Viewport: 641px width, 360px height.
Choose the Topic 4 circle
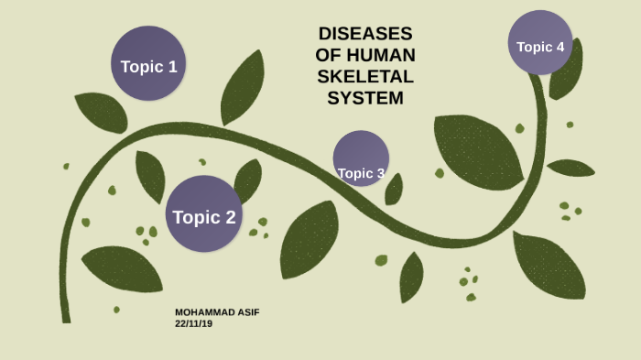pos(540,42)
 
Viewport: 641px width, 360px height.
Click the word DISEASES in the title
pos(365,33)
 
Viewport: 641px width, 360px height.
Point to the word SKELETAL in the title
pos(365,76)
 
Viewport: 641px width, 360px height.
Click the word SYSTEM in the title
pos(365,98)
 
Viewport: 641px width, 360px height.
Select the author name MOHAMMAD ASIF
pos(217,312)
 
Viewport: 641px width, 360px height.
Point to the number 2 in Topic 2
pos(230,217)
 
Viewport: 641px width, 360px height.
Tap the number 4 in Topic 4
pos(560,46)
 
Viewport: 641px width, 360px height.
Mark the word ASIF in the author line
pos(247,312)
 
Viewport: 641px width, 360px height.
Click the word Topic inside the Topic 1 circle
pos(141,66)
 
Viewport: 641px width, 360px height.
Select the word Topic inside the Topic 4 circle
pos(534,47)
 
